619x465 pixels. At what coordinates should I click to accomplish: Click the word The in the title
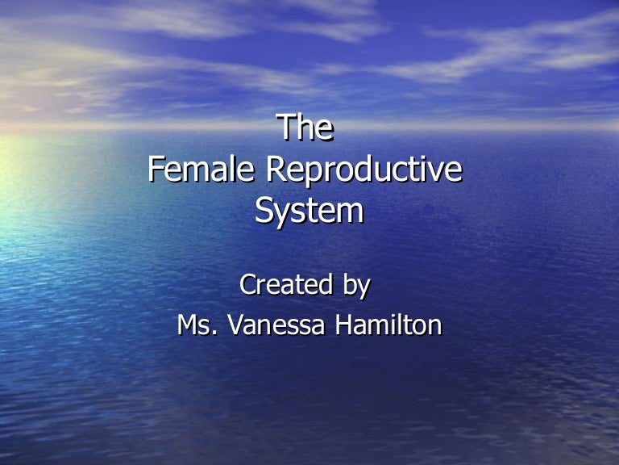click(x=305, y=128)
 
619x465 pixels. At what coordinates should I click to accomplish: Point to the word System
click(x=309, y=212)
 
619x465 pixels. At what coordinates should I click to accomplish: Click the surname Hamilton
click(x=389, y=325)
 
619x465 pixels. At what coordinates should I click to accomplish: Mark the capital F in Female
click(x=156, y=170)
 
